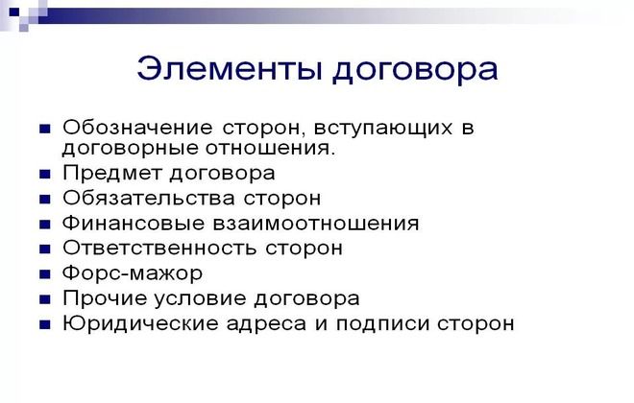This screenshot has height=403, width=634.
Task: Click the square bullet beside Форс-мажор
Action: tap(44, 274)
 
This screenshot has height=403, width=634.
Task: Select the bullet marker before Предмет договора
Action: tap(44, 175)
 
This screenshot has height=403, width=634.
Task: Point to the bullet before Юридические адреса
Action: tap(44, 324)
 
